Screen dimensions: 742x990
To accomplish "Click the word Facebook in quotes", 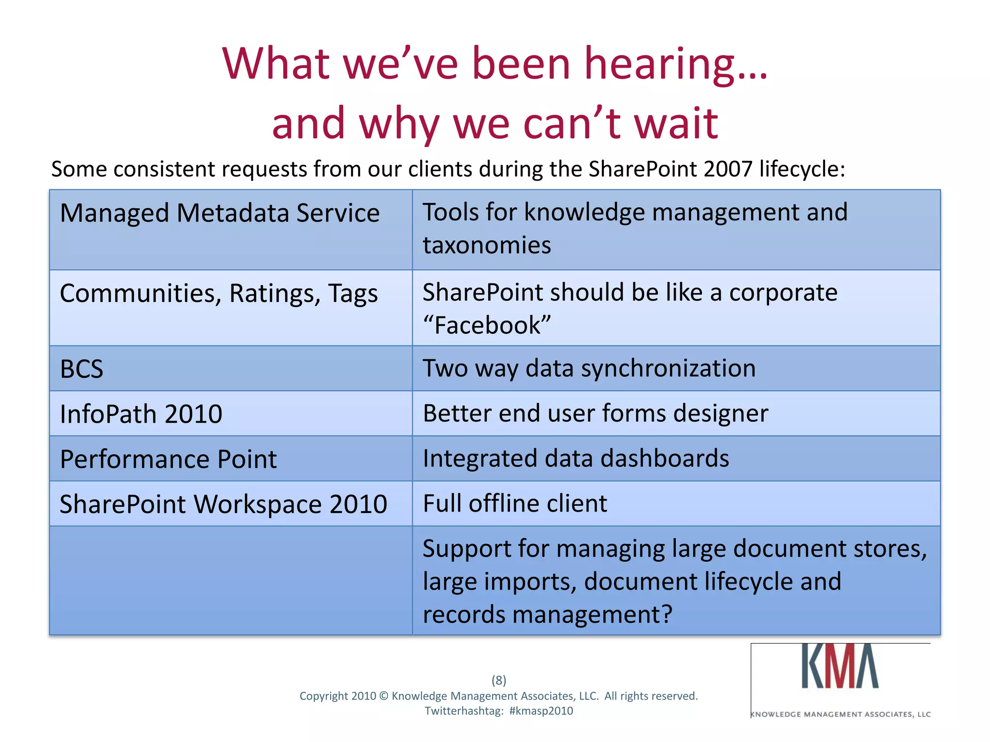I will [487, 325].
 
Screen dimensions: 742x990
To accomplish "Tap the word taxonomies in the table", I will [487, 245].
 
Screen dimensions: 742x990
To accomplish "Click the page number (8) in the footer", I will [499, 680].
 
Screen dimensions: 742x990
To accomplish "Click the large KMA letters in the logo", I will [840, 667].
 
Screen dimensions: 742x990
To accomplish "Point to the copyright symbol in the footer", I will [384, 696].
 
